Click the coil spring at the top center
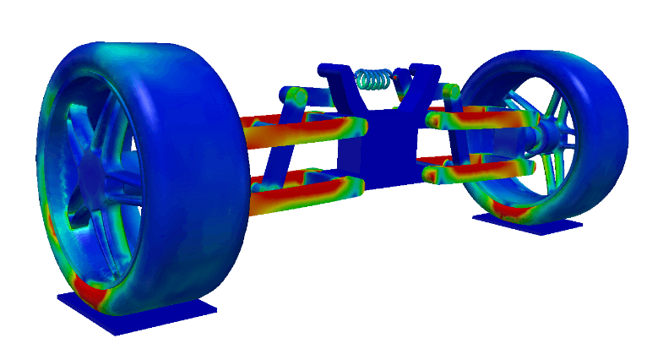[x=375, y=79]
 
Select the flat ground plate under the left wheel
[x=135, y=312]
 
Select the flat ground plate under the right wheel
[x=528, y=223]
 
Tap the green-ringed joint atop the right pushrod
[x=451, y=90]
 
